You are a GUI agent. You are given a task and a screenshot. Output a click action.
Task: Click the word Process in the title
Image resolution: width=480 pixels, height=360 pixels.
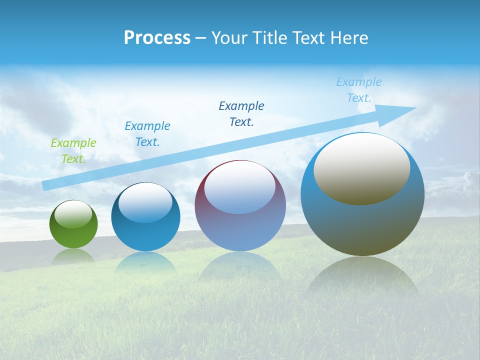click(x=157, y=38)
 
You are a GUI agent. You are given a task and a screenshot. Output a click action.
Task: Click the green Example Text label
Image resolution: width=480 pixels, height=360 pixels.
click(x=73, y=151)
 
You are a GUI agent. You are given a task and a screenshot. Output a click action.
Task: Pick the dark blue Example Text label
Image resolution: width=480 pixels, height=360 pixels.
click(x=241, y=114)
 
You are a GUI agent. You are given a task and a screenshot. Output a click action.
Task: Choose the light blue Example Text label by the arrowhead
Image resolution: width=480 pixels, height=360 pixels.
click(x=359, y=90)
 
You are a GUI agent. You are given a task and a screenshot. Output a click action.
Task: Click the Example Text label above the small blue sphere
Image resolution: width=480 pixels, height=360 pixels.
click(x=147, y=134)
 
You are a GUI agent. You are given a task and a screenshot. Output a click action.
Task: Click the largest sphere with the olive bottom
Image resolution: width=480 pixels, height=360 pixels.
click(x=362, y=225)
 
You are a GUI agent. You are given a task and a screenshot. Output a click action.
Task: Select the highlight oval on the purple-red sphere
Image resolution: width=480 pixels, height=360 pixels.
click(x=240, y=187)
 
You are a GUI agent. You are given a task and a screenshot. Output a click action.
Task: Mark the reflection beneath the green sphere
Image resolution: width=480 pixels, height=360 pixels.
click(x=73, y=256)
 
